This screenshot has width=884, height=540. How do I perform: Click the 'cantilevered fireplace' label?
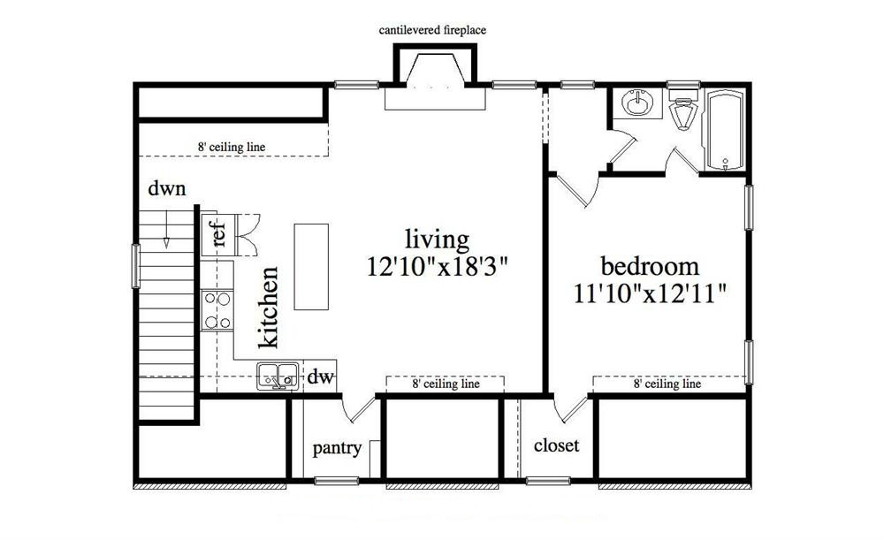433,30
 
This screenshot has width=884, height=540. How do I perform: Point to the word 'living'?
437,239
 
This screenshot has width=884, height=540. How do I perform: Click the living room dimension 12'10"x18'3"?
438,265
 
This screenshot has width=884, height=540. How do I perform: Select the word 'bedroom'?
650,266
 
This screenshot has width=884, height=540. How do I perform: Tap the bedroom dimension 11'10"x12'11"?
651,293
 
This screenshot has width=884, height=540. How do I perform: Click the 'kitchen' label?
269,307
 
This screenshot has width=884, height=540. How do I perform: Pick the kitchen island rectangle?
311,266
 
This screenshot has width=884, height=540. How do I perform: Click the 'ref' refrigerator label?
219,235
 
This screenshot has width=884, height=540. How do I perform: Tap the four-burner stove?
217,310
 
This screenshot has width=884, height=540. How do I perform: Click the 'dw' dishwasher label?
320,377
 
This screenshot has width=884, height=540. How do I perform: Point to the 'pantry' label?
337,449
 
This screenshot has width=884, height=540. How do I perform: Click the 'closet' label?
556,445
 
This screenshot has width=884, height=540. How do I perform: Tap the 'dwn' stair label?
166,188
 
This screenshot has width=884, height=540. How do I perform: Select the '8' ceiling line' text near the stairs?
232,147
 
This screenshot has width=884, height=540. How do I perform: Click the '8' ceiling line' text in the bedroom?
667,384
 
